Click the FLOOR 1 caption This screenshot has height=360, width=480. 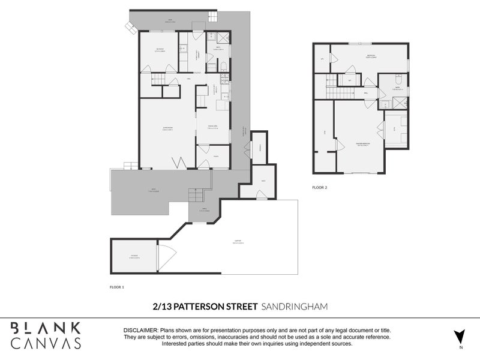tap(117, 287)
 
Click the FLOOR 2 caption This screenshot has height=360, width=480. tap(319, 187)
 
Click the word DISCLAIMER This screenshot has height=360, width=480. tap(140, 331)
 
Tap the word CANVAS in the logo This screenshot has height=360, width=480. tap(46, 343)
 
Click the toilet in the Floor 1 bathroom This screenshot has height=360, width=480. tap(223, 67)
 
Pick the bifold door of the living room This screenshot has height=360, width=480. tap(179, 162)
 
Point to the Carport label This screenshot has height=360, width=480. tap(238, 242)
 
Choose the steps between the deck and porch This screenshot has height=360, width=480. tap(196, 195)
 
